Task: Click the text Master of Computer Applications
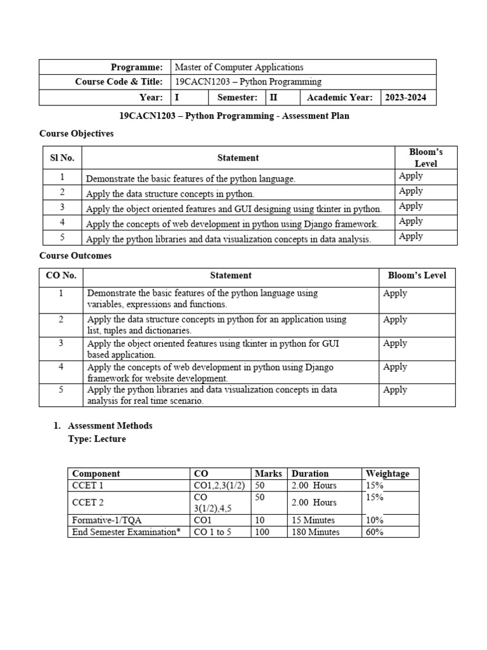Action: pyautogui.click(x=239, y=67)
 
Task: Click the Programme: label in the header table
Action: pyautogui.click(x=136, y=67)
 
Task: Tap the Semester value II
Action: pyautogui.click(x=274, y=98)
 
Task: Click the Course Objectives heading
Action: pyautogui.click(x=76, y=134)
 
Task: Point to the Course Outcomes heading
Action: pyautogui.click(x=75, y=256)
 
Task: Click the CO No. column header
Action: pyautogui.click(x=61, y=275)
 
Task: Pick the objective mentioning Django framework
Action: pyautogui.click(x=232, y=224)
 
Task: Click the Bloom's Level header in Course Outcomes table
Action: pyautogui.click(x=417, y=275)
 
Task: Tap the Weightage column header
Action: pyautogui.click(x=387, y=474)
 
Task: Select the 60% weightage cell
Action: pyautogui.click(x=375, y=532)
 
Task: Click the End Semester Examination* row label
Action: pyautogui.click(x=127, y=532)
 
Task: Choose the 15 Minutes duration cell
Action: pyautogui.click(x=313, y=520)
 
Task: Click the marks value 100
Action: pyautogui.click(x=262, y=532)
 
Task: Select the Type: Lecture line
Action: pyautogui.click(x=96, y=439)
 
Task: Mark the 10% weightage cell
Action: pyautogui.click(x=375, y=520)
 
